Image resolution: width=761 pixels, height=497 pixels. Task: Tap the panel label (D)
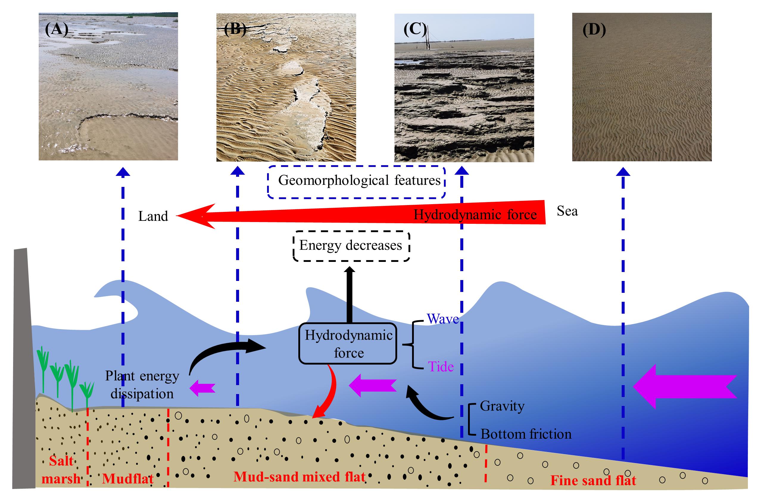tap(594, 30)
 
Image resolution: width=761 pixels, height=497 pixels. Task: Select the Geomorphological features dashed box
tap(356, 181)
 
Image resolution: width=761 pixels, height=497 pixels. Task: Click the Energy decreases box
tap(351, 246)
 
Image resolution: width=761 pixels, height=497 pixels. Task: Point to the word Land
tap(153, 216)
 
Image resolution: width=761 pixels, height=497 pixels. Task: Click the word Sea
tap(567, 211)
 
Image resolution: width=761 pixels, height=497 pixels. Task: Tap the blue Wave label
tap(442, 319)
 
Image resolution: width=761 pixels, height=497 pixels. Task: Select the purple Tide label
tap(441, 367)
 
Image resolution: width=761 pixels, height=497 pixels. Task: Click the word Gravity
tap(502, 406)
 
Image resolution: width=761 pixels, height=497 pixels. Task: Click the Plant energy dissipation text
tap(142, 385)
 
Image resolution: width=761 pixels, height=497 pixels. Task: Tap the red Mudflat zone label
tap(128, 479)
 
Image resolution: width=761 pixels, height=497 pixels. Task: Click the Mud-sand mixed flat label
tap(299, 476)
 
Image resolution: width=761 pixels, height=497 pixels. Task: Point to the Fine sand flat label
tap(593, 480)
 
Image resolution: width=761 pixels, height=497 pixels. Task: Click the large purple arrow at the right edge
tap(684, 386)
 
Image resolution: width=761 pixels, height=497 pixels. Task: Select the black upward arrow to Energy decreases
tap(350, 294)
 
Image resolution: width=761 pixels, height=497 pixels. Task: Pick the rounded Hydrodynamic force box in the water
tap(348, 344)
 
